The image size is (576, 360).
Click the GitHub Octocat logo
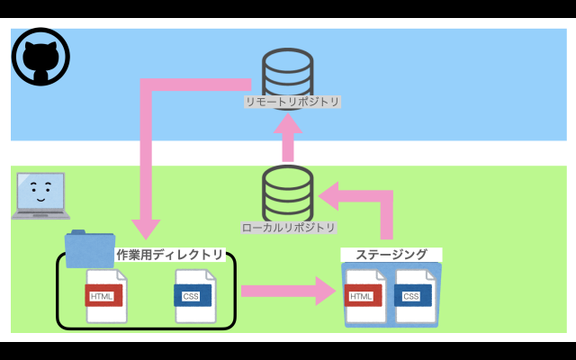[40, 57]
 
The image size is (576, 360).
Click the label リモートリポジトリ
[292, 102]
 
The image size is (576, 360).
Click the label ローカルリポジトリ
[289, 228]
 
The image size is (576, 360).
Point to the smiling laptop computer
[40, 196]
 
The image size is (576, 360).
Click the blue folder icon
[88, 248]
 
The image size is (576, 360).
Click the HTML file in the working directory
[105, 296]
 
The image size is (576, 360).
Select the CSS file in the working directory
[194, 296]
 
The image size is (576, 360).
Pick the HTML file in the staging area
[364, 296]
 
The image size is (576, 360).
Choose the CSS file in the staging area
[414, 296]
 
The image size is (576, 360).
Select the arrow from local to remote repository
[288, 137]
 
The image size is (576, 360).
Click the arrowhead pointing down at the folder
[145, 229]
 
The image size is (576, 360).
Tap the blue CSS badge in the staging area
[411, 296]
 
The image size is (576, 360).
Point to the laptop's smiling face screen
[39, 190]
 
